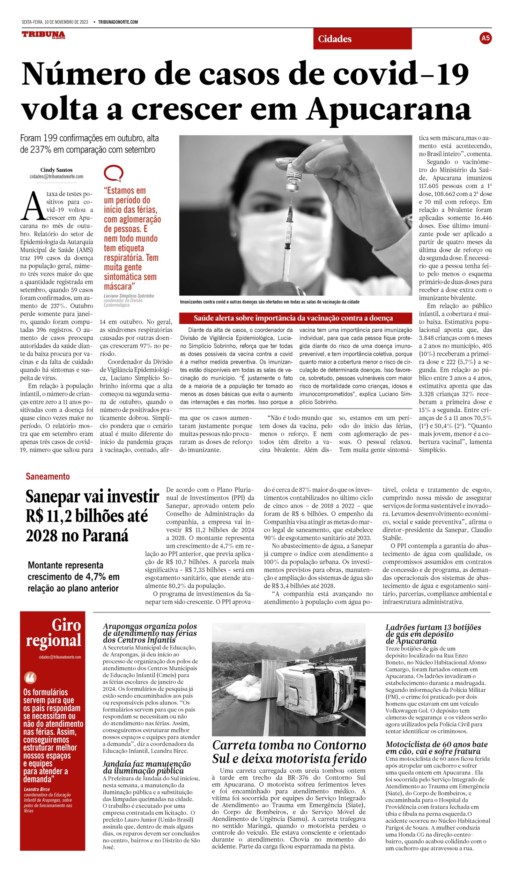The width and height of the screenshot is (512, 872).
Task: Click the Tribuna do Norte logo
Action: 43,35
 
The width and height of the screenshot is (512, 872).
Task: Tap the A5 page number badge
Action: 485,38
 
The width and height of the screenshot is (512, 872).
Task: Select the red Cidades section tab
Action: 362,39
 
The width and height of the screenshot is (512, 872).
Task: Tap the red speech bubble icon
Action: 113,173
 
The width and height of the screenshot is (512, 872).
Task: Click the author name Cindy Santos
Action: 57,170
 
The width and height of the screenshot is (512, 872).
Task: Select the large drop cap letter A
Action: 32,207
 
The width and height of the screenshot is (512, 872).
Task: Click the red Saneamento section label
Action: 48,476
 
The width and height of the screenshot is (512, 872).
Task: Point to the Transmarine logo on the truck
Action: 346,660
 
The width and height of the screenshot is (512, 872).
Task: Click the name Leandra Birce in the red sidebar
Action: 37,789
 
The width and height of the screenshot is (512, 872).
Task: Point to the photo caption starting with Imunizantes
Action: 269,302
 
